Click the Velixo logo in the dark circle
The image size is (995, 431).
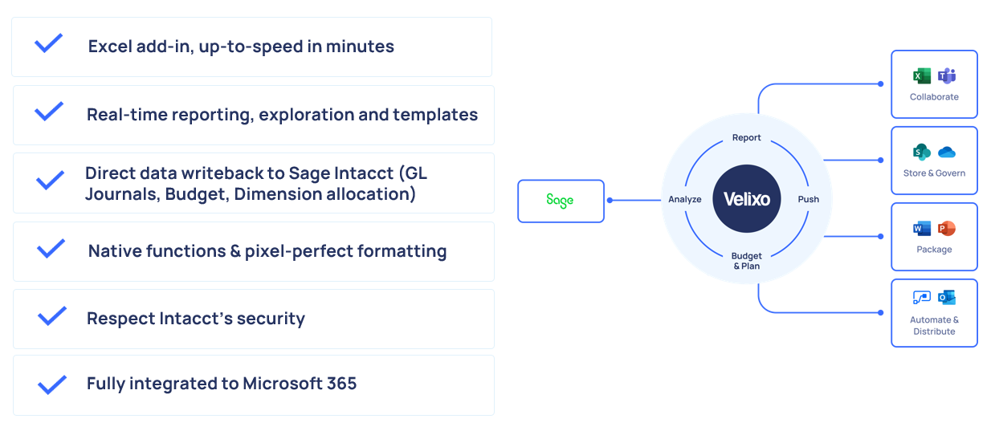pos(747,199)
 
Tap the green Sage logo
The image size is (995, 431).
pos(560,201)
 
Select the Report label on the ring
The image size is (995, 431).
pos(746,137)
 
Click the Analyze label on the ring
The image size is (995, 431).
pos(684,199)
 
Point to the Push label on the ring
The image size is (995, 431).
pos(809,199)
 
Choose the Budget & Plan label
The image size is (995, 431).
pos(746,261)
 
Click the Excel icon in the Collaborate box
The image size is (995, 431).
pos(922,76)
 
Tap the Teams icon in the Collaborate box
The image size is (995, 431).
pos(947,76)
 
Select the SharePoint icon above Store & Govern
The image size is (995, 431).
pos(922,152)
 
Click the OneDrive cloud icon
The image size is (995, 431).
pos(947,152)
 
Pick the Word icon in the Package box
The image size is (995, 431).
pos(922,229)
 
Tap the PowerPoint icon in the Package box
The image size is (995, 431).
pos(947,229)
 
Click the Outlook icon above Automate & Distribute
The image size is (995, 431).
pos(947,298)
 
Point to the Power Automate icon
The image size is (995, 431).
pos(922,298)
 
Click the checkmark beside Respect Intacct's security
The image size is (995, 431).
pos(52,316)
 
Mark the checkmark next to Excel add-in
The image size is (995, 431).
pos(48,43)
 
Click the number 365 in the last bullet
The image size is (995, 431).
pos(341,384)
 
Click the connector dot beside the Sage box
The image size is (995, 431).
pos(610,201)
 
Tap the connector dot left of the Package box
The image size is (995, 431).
pos(880,237)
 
